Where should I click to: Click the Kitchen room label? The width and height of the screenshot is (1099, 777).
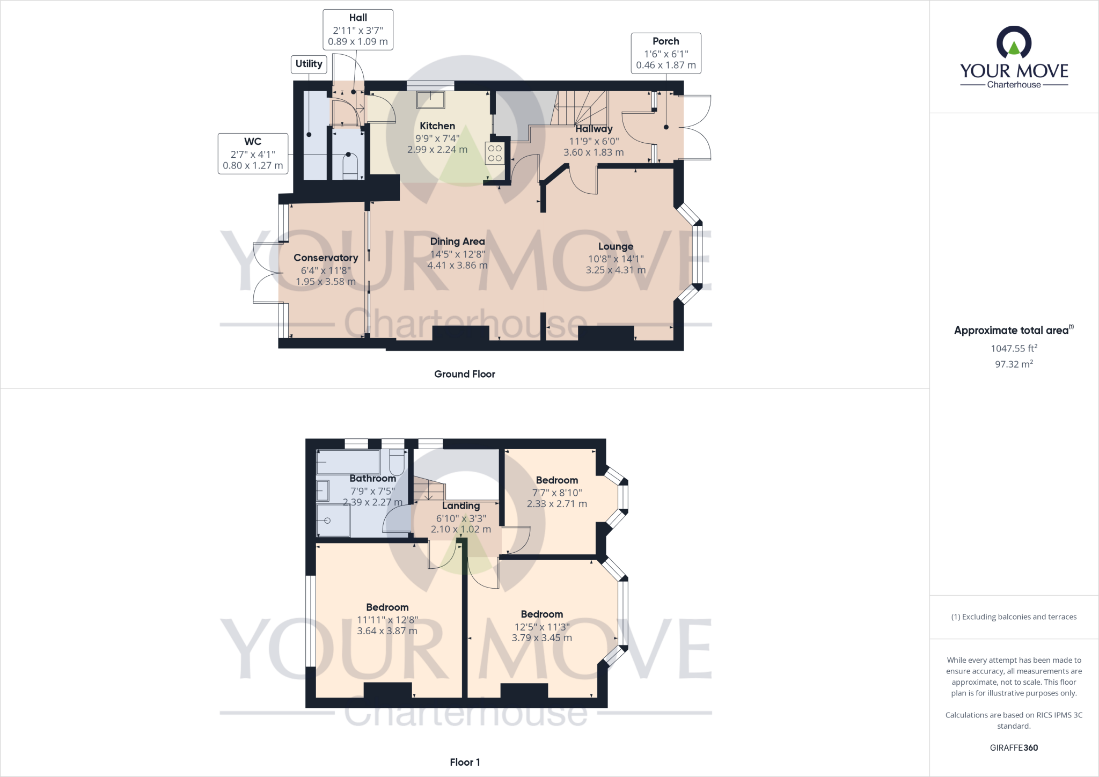click(437, 126)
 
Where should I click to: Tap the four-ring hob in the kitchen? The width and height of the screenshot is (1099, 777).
click(495, 153)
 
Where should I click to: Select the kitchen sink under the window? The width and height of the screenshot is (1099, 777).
click(430, 99)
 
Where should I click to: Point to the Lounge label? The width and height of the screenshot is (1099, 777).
click(616, 246)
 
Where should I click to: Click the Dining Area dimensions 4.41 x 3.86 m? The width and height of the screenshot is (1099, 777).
click(457, 265)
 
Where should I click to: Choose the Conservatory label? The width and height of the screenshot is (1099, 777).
click(325, 258)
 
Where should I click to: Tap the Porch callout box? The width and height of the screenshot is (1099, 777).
click(665, 53)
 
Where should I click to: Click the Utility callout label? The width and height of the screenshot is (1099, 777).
click(309, 64)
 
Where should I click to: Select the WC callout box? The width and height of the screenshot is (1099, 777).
click(253, 153)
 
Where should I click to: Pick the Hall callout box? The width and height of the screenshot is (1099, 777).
click(358, 30)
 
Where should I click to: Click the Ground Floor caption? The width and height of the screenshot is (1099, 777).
click(464, 374)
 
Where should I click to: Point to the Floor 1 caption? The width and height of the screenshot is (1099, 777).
click(465, 762)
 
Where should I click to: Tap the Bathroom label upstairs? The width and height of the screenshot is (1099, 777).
click(372, 478)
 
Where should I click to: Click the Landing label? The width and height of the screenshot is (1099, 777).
click(460, 505)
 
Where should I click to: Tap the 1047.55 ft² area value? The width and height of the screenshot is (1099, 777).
click(1014, 348)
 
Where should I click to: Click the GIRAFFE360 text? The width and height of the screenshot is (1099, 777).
click(1014, 747)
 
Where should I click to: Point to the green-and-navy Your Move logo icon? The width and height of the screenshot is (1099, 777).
click(1014, 42)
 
